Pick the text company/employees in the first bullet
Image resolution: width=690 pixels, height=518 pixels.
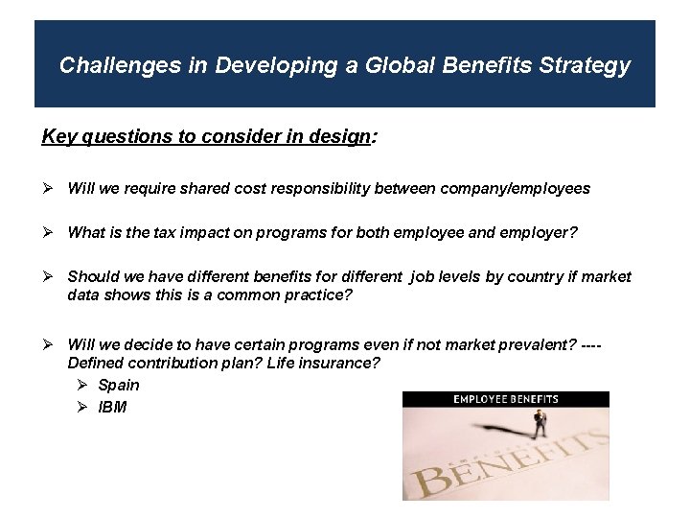click(515, 189)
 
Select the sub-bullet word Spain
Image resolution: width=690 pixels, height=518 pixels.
click(119, 386)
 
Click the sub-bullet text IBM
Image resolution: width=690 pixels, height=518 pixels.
click(112, 408)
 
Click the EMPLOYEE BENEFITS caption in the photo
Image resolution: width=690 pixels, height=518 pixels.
click(506, 399)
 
